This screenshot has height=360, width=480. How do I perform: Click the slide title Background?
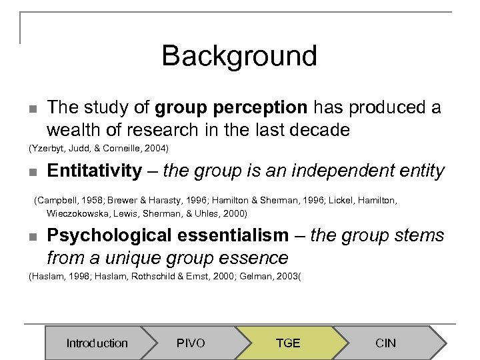[x=239, y=56]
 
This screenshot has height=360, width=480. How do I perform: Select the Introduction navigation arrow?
[x=97, y=343]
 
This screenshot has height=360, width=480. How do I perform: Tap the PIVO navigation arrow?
[x=191, y=343]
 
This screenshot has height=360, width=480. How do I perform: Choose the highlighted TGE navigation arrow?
[x=288, y=343]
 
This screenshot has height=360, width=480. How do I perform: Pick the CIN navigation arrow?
[x=385, y=343]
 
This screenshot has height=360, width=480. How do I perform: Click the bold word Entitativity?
[x=94, y=171]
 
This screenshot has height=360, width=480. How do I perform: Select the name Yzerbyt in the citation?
[x=47, y=147]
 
